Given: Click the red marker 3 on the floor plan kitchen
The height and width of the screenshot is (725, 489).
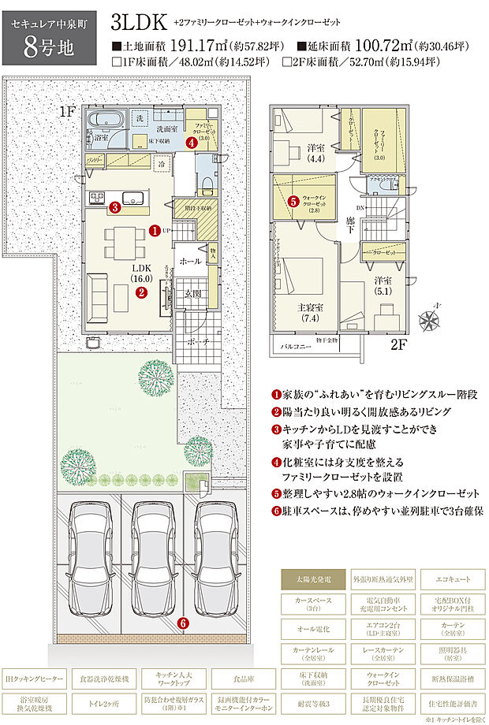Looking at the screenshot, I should point(114,208).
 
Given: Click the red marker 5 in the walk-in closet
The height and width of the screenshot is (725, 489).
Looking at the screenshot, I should point(293,201).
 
